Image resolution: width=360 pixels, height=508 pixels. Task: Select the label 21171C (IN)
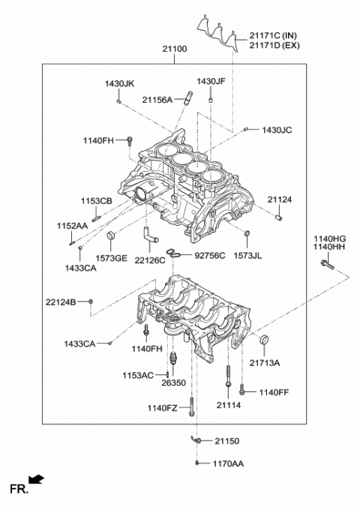tap(277, 35)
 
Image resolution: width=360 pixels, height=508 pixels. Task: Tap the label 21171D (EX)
tap(278, 45)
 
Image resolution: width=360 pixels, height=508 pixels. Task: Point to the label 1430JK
tap(119, 83)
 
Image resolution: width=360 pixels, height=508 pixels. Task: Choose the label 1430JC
tap(277, 130)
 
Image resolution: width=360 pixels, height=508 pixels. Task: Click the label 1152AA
tap(72, 225)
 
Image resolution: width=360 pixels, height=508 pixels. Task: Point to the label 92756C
tap(210, 255)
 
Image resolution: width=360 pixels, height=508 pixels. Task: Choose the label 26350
tap(173, 383)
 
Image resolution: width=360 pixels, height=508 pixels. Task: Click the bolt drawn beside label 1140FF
tap(242, 390)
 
